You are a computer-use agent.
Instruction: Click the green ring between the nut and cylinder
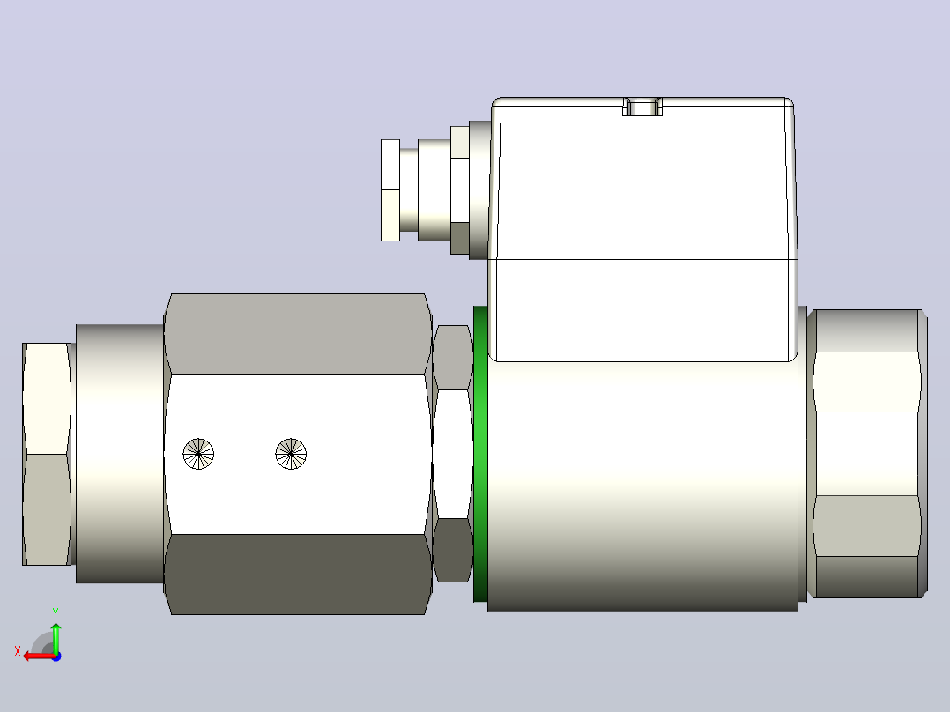pos(479,454)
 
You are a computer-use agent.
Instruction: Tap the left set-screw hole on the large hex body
pos(198,453)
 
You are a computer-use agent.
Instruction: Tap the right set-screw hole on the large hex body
pos(291,453)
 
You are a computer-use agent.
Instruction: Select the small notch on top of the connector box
pos(642,107)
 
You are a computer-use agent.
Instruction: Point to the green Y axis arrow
pos(56,638)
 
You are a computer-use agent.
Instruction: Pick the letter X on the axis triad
pos(18,651)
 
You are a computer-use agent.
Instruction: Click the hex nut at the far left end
pos(48,454)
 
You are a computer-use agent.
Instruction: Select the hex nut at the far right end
pos(867,454)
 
